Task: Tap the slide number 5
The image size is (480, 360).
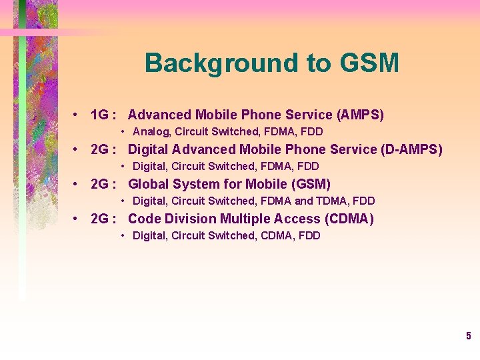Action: tap(469, 336)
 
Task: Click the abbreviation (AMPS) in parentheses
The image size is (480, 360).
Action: tap(361, 115)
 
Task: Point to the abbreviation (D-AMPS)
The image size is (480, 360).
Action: tap(411, 149)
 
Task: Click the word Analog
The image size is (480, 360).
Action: tap(151, 132)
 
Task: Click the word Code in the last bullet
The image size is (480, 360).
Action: tap(143, 219)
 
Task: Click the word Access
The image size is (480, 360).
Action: tap(296, 219)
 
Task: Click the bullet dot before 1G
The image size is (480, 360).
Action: tap(78, 115)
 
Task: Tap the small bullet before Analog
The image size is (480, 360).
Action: tap(124, 132)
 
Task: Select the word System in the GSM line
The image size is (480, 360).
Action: tap(195, 184)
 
